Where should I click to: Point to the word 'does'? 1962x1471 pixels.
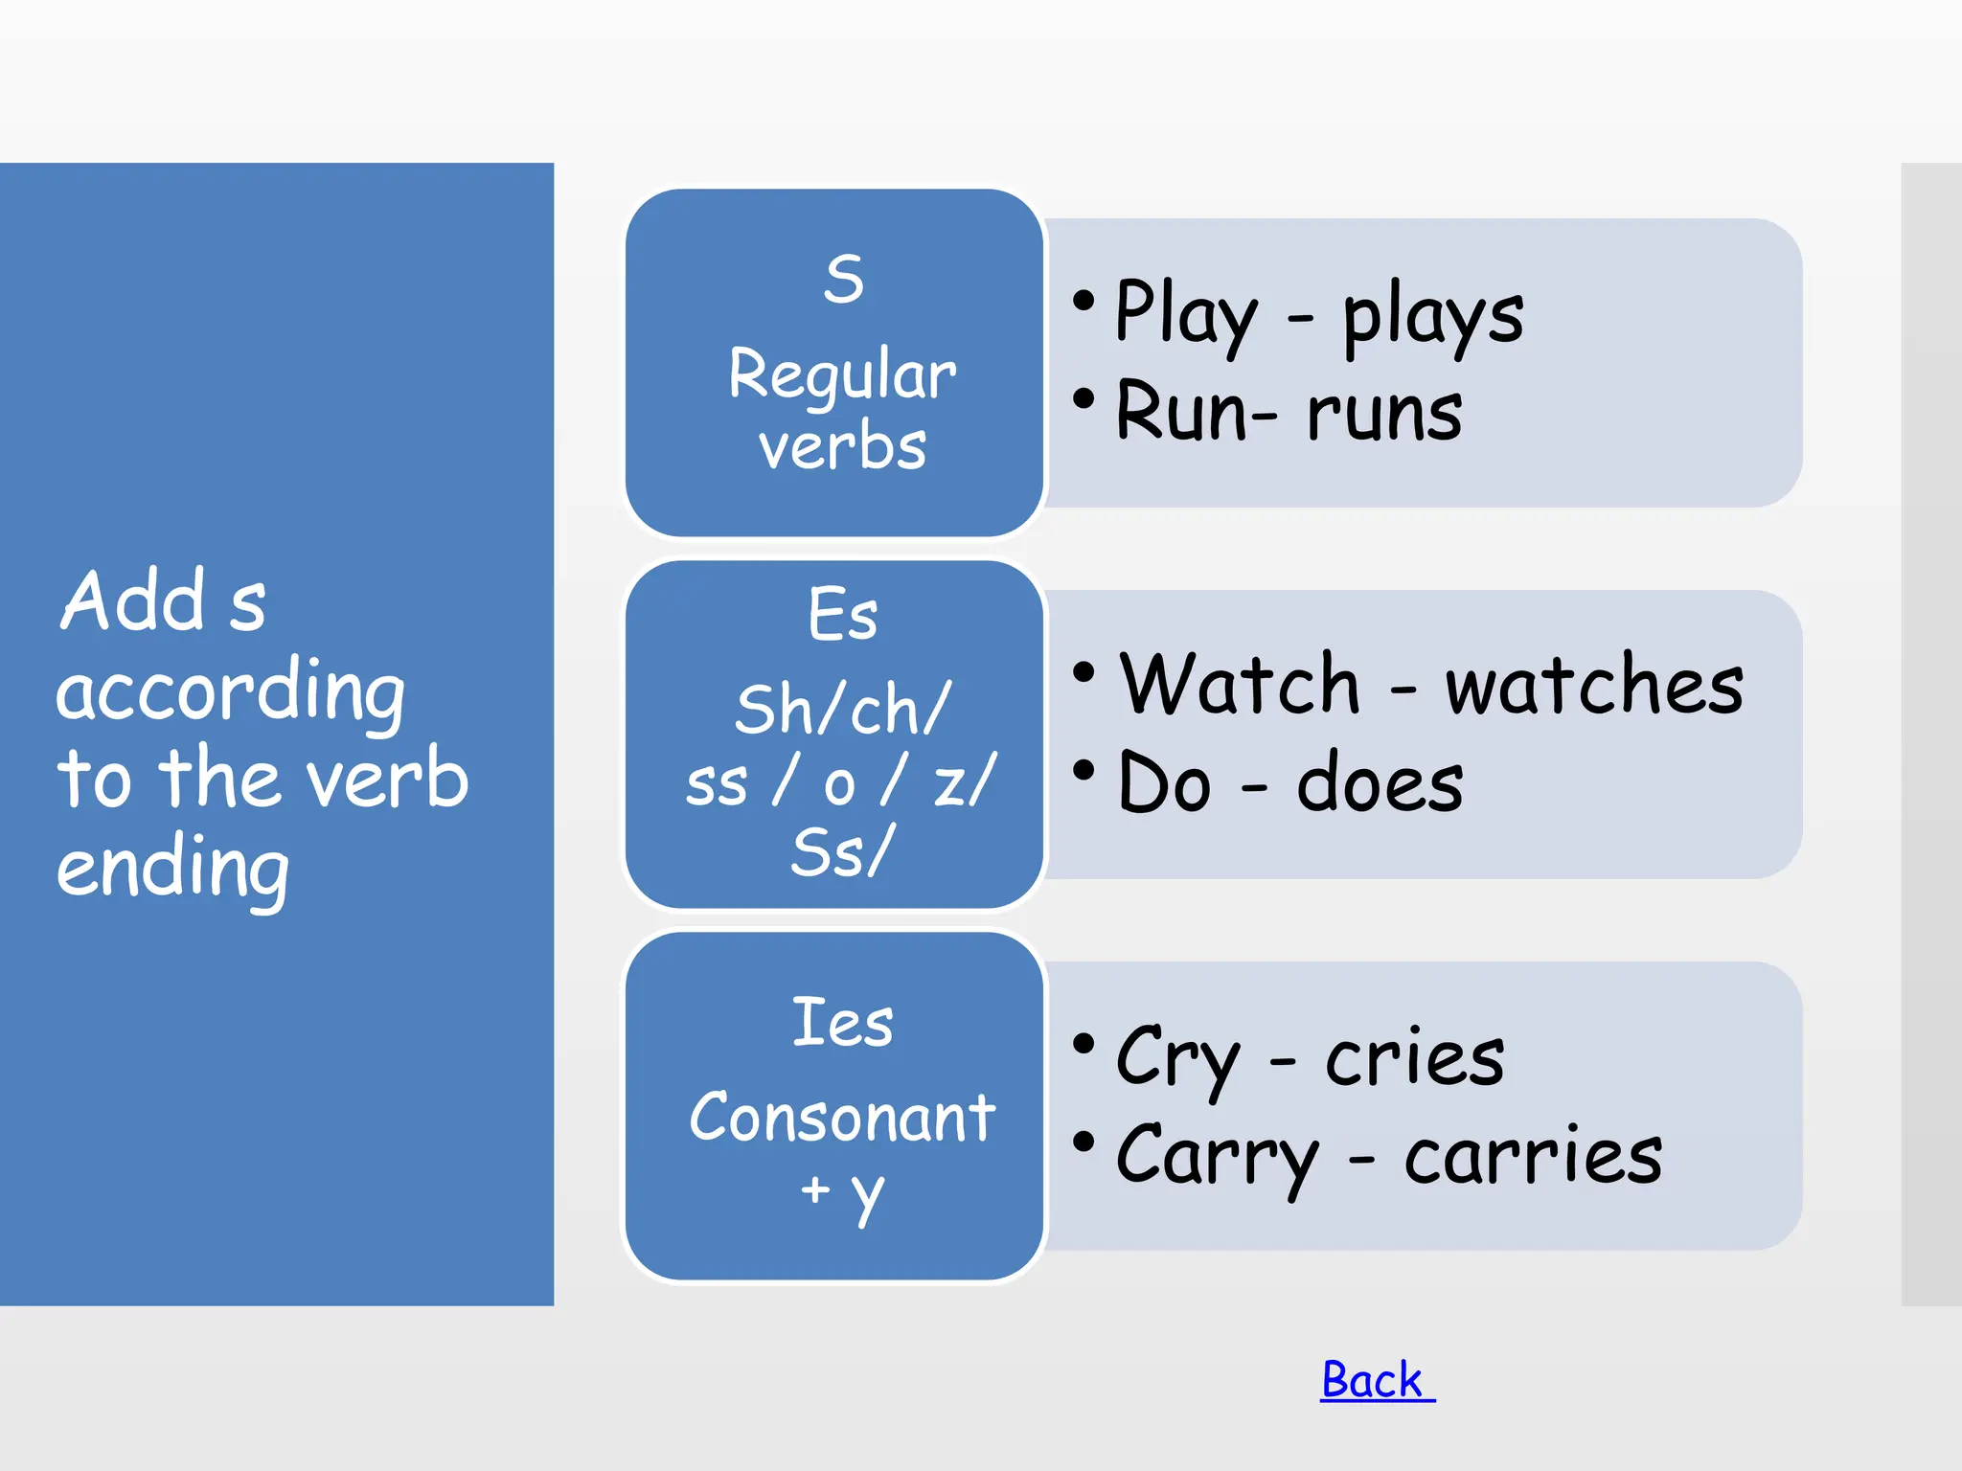click(x=1380, y=783)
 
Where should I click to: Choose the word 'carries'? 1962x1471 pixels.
click(x=1533, y=1156)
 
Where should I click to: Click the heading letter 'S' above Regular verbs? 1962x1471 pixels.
click(x=843, y=280)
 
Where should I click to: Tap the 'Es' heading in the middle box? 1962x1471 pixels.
click(x=842, y=614)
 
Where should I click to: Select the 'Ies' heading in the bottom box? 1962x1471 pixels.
click(x=842, y=1022)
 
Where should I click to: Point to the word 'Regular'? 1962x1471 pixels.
click(x=842, y=374)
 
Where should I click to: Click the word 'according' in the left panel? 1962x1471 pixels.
click(x=231, y=693)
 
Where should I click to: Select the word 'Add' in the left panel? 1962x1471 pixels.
click(x=133, y=600)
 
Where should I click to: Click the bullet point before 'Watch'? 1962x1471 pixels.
click(x=1084, y=672)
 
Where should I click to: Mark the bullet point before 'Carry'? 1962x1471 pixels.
click(x=1084, y=1142)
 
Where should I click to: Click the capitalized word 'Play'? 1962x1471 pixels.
click(x=1186, y=314)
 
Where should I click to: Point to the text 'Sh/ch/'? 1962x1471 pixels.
click(x=842, y=710)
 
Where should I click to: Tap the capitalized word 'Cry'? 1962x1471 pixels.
click(x=1177, y=1058)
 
